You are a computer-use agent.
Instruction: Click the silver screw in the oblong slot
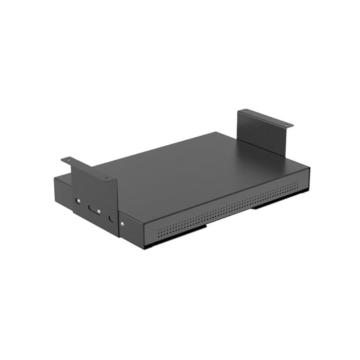click(98, 211)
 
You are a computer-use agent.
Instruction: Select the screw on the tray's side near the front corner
click(122, 222)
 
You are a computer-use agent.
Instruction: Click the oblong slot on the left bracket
click(93, 209)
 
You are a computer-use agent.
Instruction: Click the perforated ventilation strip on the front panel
click(230, 213)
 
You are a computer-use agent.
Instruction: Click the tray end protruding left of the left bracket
click(63, 192)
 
